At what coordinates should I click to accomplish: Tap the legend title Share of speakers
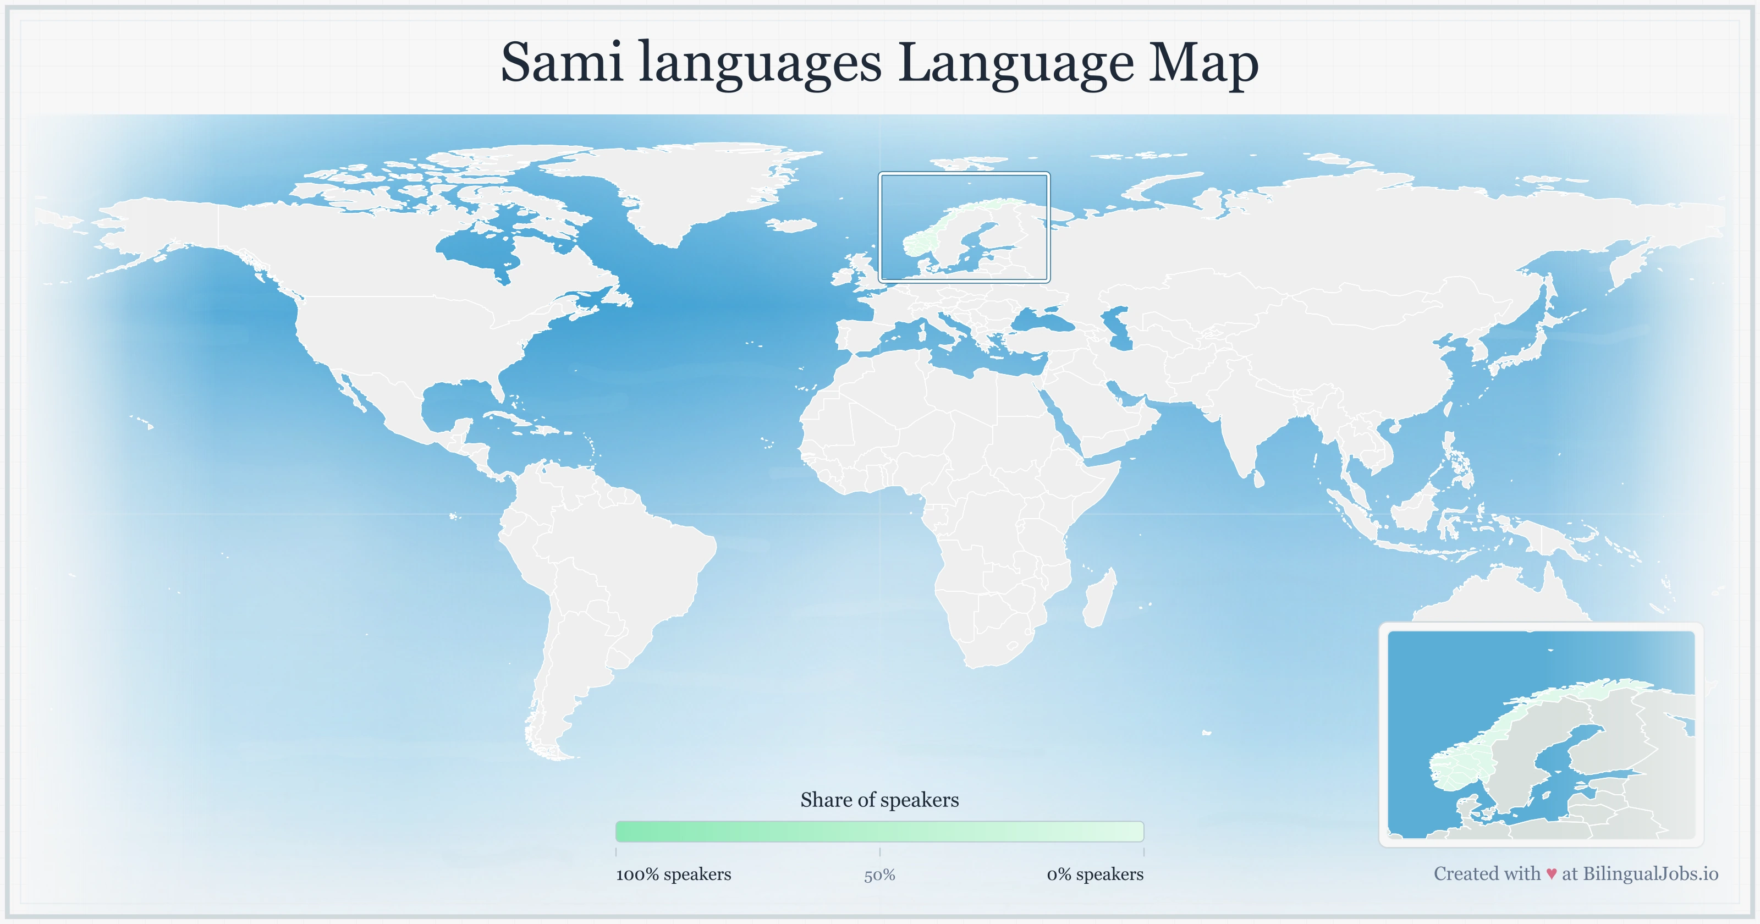point(879,800)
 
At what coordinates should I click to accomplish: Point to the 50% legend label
point(879,875)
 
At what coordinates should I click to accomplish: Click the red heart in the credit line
point(1551,874)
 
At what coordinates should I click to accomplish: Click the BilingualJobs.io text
point(1650,873)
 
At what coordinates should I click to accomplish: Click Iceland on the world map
point(792,225)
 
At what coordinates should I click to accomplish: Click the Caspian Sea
point(1117,328)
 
